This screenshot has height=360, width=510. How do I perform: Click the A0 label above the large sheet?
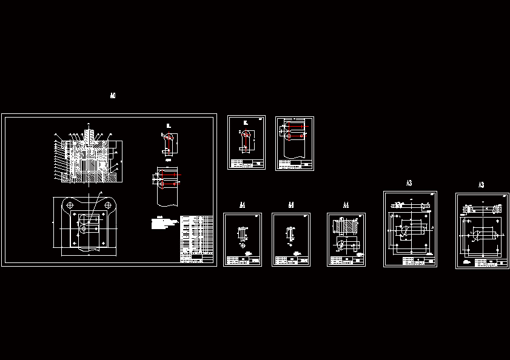click(113, 96)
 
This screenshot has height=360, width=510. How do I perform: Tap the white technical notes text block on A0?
click(164, 225)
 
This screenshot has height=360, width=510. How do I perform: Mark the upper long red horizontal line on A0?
click(167, 174)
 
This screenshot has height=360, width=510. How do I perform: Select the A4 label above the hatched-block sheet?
click(346, 205)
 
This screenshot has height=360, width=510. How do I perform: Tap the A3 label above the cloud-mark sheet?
click(481, 185)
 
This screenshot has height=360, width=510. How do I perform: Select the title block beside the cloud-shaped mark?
click(490, 262)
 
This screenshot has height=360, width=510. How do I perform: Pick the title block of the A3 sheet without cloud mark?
click(419, 261)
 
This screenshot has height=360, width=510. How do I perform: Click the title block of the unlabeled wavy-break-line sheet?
click(295, 164)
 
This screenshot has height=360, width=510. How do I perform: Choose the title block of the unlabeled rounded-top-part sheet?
click(246, 163)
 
